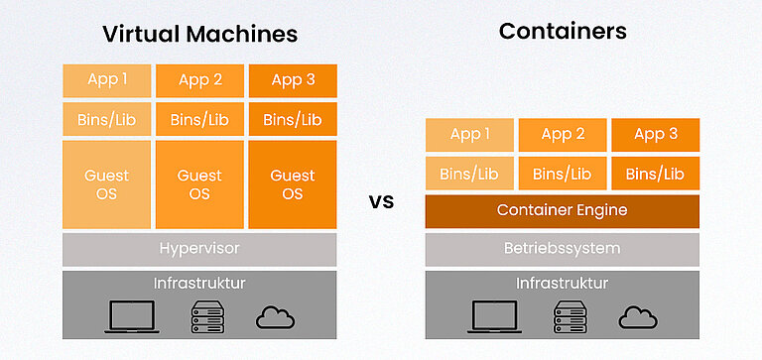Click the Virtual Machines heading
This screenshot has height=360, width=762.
199,34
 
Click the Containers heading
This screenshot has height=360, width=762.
563,31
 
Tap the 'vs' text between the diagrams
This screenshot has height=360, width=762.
381,202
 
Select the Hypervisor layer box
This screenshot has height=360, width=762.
199,248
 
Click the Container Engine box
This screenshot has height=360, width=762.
563,210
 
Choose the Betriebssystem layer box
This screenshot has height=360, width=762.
563,248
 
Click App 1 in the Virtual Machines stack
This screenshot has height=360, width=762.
106,80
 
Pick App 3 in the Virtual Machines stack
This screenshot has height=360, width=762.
293,80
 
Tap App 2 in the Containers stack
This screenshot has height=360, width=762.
563,135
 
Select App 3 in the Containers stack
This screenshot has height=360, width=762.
655,135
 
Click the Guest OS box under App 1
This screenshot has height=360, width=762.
106,184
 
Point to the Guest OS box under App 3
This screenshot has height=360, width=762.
293,184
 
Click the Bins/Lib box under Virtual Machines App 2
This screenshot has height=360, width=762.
199,120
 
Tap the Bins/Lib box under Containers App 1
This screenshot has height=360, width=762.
469,174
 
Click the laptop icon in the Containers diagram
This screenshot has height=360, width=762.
495,316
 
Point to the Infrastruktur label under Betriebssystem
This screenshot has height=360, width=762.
563,284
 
